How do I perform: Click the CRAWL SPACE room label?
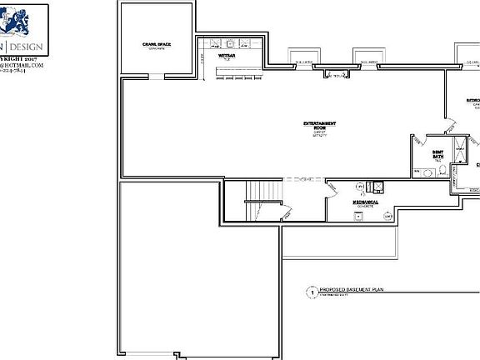[x=156, y=43]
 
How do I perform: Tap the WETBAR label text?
[x=225, y=57]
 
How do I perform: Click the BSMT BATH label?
[x=437, y=154]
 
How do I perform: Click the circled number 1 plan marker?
[x=312, y=293]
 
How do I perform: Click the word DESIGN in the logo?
[x=32, y=47]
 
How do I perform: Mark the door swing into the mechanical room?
[x=332, y=191]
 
